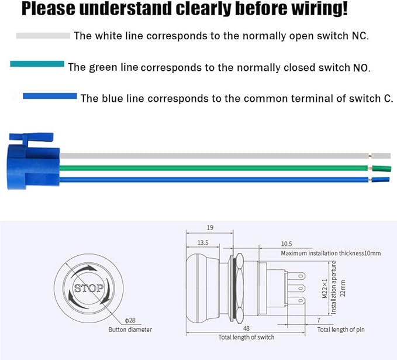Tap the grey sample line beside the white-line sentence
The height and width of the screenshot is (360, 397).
pos(43,36)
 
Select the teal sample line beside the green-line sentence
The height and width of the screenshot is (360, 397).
pos(37,64)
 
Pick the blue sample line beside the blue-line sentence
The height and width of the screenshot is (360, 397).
pos(50,96)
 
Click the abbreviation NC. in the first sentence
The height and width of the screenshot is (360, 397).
pos(360,36)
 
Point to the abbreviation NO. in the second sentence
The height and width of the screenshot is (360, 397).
pos(361,68)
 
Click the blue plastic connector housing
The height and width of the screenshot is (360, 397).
pos(33,161)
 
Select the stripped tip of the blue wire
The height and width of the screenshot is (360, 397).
pos(381,180)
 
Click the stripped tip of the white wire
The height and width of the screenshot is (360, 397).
pos(381,156)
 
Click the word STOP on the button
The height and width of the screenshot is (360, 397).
pos(89,288)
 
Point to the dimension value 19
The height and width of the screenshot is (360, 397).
pos(210,228)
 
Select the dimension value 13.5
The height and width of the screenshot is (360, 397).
pos(203,243)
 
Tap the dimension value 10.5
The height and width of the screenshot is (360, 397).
pos(286,244)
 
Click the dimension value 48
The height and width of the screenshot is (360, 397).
pos(246,328)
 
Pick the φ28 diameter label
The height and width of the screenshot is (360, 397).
pos(130,320)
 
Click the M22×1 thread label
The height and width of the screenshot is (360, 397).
pos(325,289)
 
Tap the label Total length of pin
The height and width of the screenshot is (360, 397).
pos(341,330)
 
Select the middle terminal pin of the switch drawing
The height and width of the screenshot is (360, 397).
pos(296,288)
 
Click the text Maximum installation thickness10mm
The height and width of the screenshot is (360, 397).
pos(331,253)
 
